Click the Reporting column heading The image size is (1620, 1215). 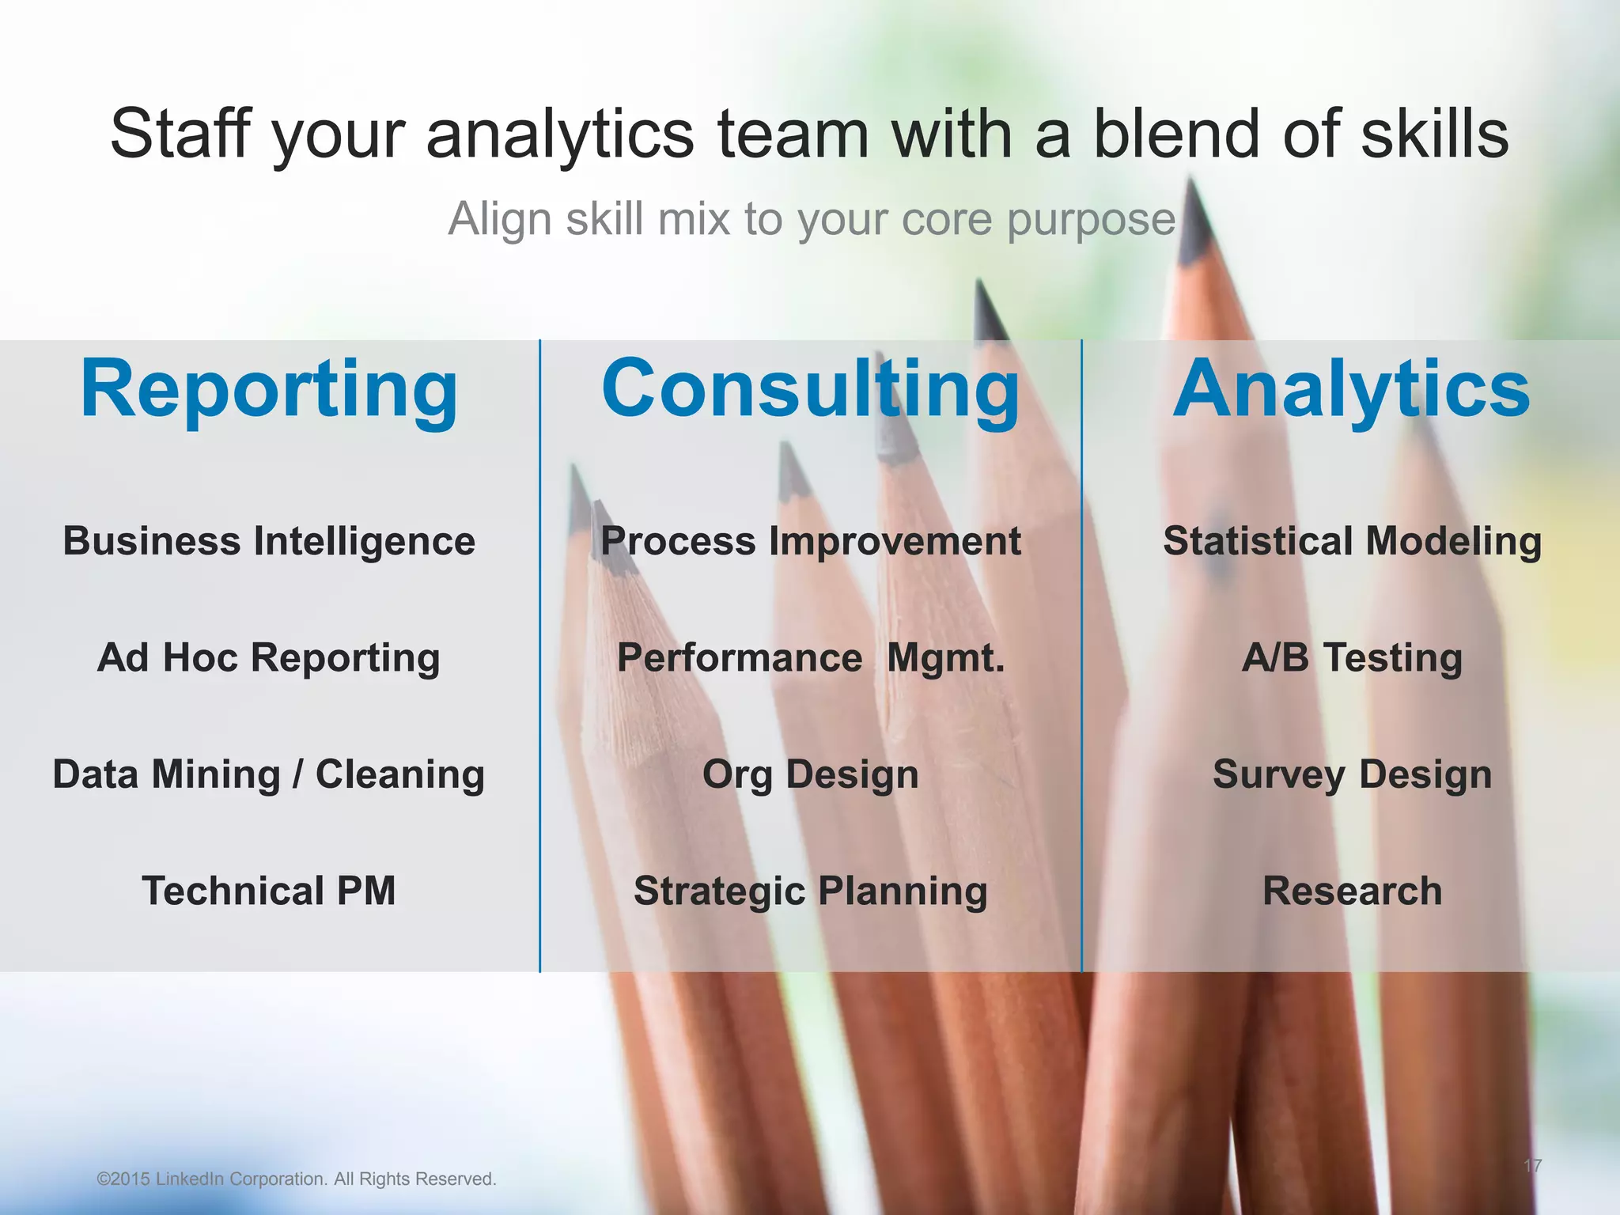(269, 389)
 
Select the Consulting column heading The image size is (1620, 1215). (810, 389)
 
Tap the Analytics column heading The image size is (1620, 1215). (1351, 389)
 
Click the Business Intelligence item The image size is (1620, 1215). (269, 542)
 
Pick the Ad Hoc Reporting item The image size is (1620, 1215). (269, 658)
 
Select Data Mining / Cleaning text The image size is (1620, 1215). (269, 774)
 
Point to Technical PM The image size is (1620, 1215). (269, 891)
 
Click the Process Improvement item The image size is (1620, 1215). (810, 542)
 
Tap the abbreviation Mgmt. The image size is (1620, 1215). (945, 658)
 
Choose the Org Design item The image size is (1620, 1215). (810, 774)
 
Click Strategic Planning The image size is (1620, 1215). (810, 891)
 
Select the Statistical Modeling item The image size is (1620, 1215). (1352, 542)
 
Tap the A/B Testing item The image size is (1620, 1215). (1352, 658)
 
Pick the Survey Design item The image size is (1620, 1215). (1352, 774)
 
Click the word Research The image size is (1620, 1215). (1352, 891)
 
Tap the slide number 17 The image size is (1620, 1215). (1532, 1165)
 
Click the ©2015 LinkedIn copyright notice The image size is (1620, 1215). (296, 1179)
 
